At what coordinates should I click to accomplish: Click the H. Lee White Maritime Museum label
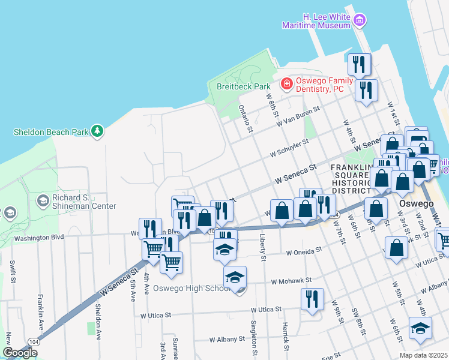[x=318, y=21]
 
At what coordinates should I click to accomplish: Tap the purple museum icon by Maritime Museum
[x=360, y=21]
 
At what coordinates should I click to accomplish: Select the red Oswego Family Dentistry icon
[x=287, y=82]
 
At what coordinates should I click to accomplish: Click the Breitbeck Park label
[x=243, y=86]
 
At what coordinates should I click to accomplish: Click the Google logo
[x=20, y=353]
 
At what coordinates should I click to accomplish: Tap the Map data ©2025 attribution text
[x=423, y=355]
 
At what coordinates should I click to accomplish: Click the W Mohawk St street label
[x=291, y=280]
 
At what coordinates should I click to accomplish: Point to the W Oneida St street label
[x=309, y=253]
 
